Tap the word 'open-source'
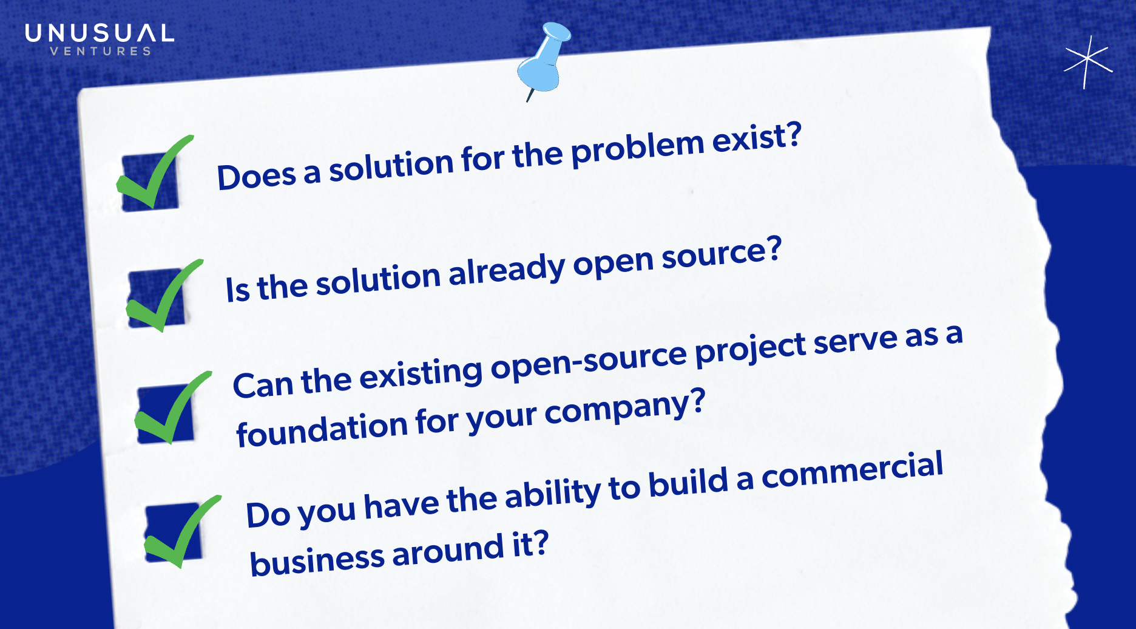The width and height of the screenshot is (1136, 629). [589, 362]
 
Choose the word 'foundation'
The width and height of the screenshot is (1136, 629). [322, 429]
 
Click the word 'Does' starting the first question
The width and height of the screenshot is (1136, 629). [257, 177]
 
